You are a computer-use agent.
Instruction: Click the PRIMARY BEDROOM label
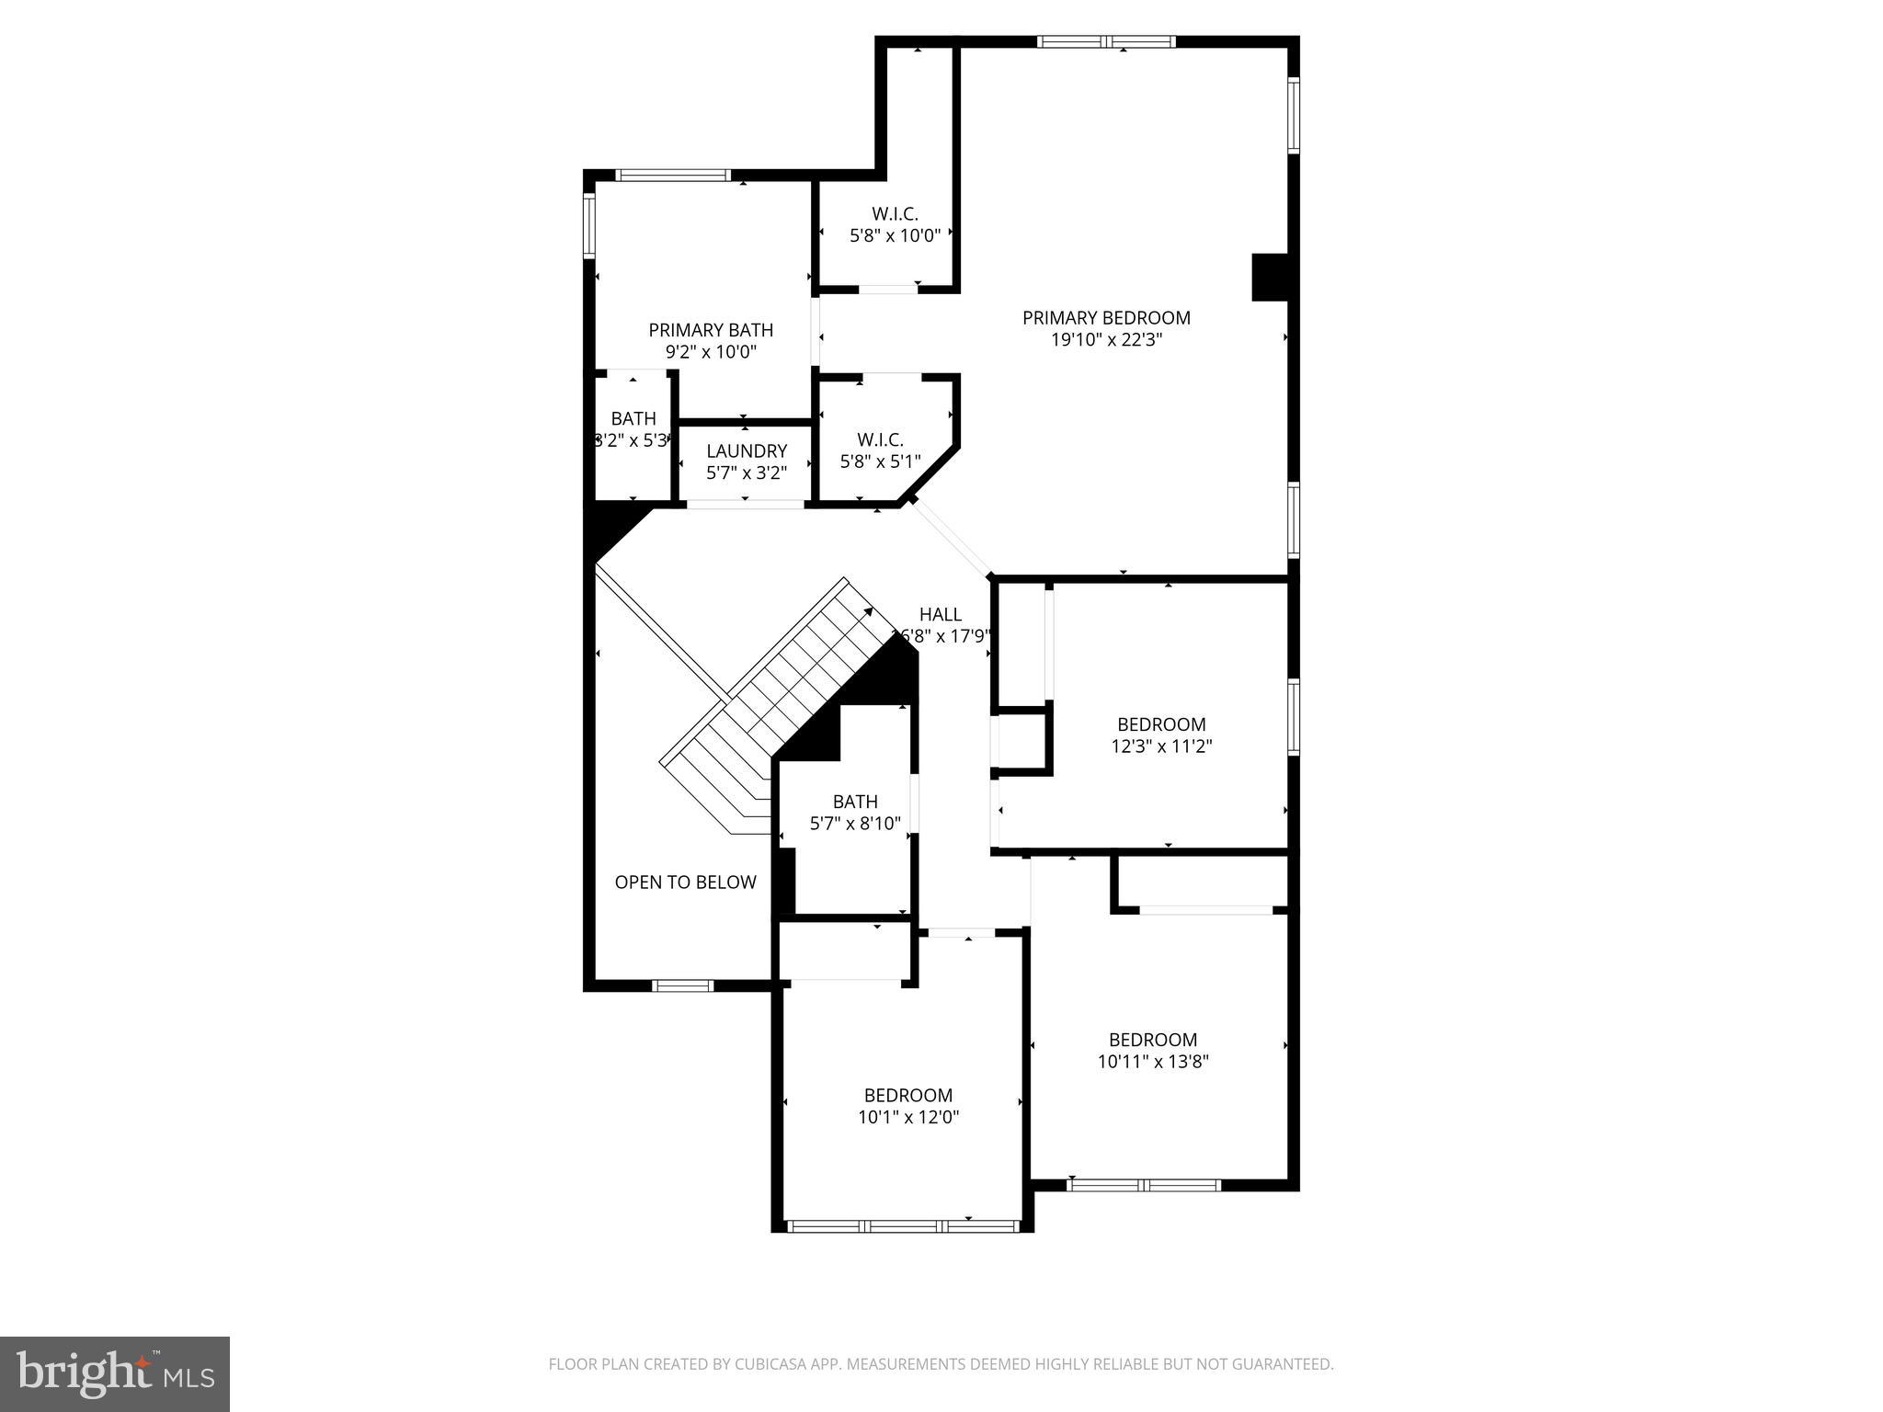pos(1106,318)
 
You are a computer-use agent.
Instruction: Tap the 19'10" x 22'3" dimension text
pos(1106,340)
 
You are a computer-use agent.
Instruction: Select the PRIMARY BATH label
pos(711,330)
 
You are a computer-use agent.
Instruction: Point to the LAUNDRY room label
pos(747,451)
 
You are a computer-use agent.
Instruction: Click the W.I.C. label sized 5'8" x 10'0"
pos(895,214)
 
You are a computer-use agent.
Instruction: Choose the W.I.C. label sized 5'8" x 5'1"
pos(880,440)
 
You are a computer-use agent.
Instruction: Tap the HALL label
pos(940,615)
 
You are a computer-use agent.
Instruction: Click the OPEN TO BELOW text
pos(685,882)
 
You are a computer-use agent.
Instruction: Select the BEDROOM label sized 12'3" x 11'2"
pos(1161,724)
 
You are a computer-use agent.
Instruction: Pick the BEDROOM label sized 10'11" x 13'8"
pos(1152,1040)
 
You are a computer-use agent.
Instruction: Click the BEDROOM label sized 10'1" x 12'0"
pos(907,1096)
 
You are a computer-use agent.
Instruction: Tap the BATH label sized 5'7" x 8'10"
pos(855,802)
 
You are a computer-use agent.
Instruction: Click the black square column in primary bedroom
pos(1270,277)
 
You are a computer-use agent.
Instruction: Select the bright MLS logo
pos(115,1373)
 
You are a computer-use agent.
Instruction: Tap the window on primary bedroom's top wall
pos(1106,41)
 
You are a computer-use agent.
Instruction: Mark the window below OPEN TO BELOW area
pos(682,985)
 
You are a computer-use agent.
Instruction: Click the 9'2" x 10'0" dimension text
pos(711,352)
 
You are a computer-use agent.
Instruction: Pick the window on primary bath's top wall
pos(672,175)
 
